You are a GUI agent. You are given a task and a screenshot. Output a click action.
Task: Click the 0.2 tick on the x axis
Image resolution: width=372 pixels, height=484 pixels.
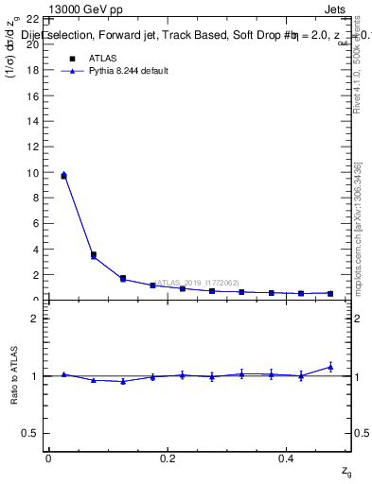point(168,458)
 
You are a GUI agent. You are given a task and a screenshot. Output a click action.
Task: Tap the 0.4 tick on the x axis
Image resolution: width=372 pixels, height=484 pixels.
point(287,458)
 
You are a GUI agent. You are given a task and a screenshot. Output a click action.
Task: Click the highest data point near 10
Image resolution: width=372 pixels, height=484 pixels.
point(63,175)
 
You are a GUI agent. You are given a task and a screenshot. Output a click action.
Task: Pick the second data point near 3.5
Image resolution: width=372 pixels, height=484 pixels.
point(93,255)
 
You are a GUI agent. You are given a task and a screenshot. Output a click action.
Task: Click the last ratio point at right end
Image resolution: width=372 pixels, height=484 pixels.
point(330,367)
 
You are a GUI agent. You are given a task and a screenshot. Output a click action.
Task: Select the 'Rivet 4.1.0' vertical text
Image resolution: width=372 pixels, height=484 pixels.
point(357,76)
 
